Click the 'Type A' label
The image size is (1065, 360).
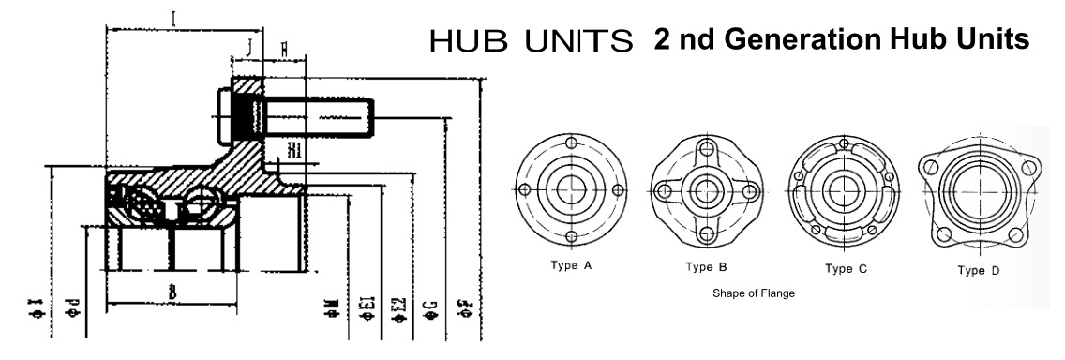tap(570, 265)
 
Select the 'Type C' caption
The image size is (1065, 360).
tap(845, 269)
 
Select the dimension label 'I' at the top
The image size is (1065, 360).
tap(173, 17)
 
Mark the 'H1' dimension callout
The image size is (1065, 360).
tap(293, 149)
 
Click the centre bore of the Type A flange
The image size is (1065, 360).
tap(570, 188)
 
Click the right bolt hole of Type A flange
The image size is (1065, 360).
tap(615, 188)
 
